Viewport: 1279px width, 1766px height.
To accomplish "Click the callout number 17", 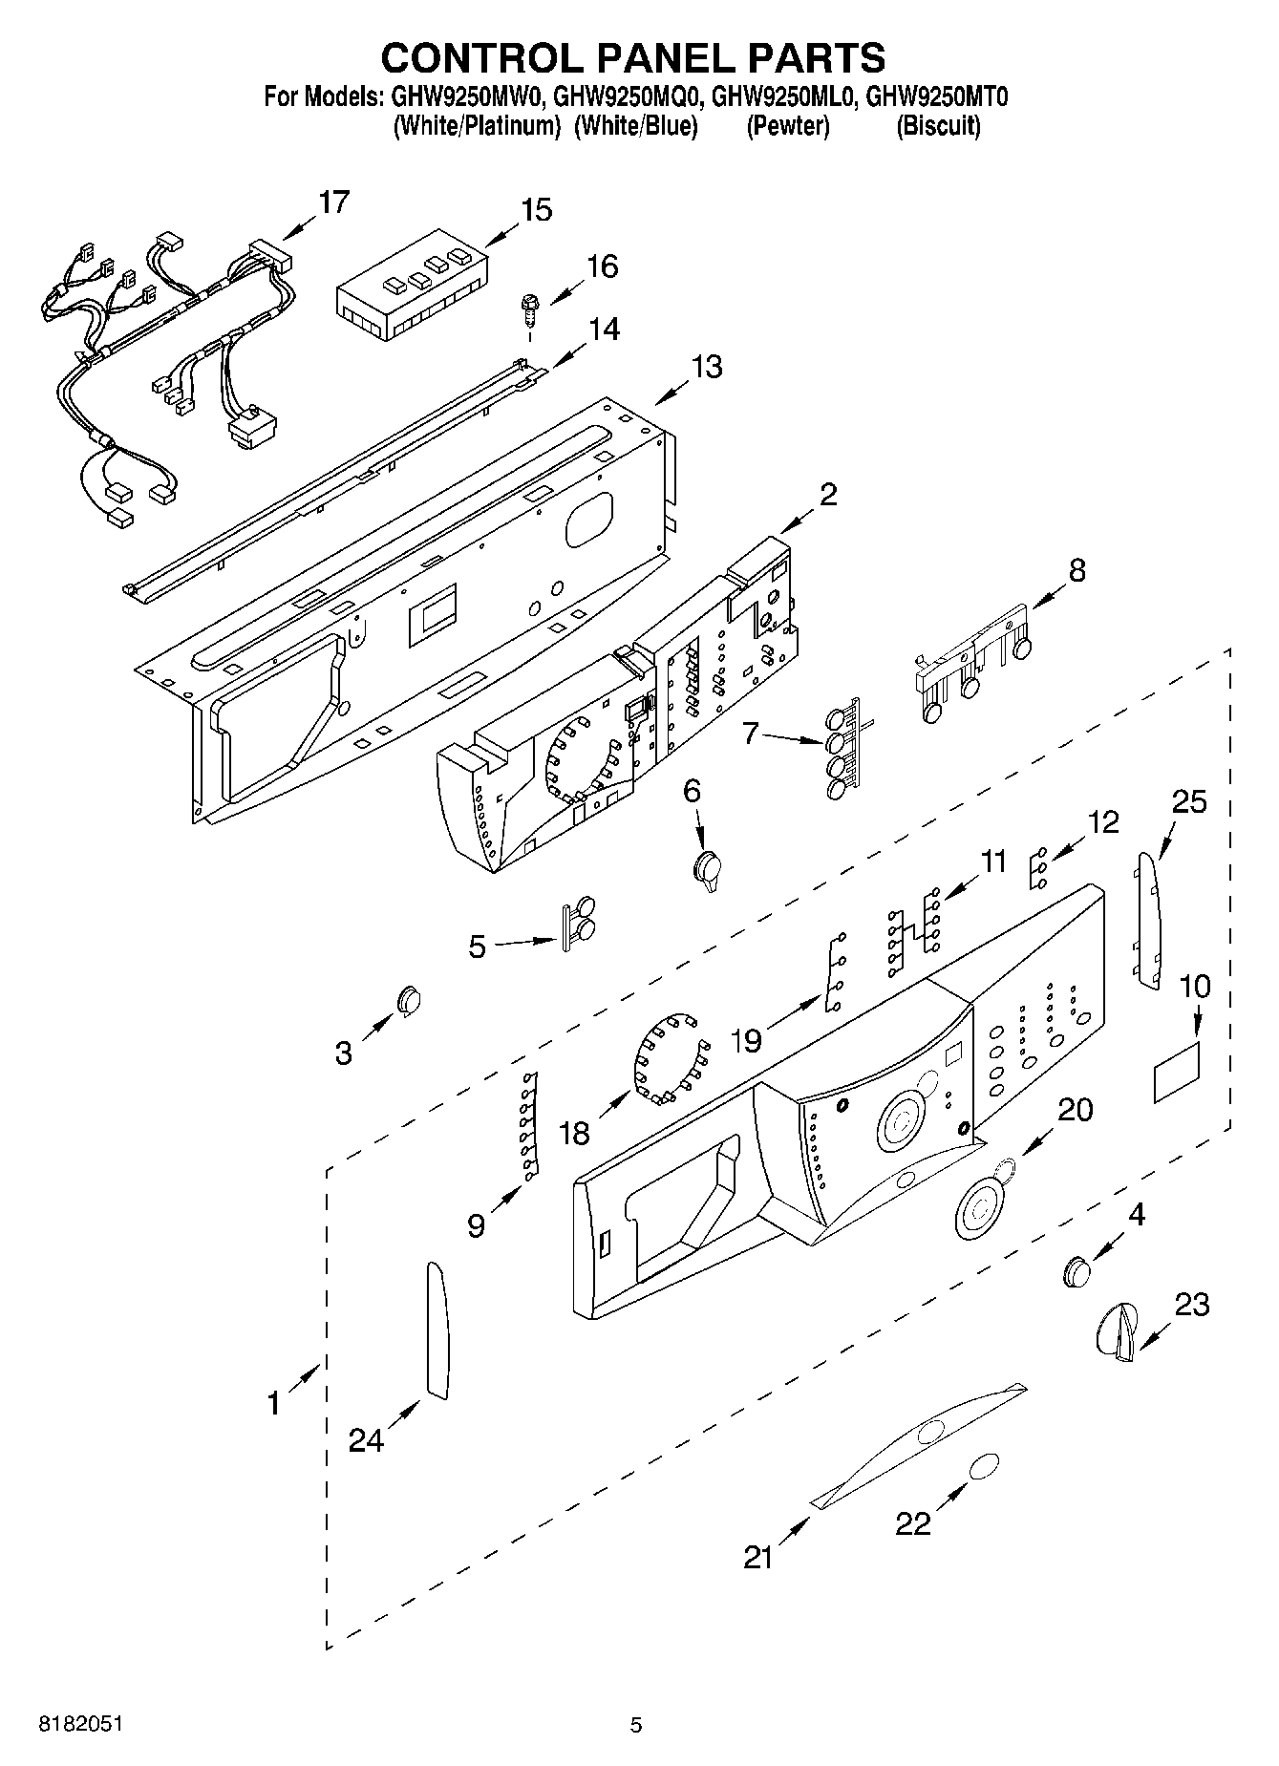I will [333, 202].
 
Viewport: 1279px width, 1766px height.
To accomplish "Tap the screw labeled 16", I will [526, 310].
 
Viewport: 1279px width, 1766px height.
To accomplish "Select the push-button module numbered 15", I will [410, 287].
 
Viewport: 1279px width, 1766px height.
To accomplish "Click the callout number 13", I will [707, 367].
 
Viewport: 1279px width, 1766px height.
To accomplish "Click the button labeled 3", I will [409, 1000].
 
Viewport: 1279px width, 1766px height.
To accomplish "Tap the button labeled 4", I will [1076, 1272].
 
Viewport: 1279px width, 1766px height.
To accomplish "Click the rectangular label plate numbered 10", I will [1176, 1072].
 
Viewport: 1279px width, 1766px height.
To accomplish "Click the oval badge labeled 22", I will [985, 1469].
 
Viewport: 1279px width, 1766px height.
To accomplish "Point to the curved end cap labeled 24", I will [436, 1330].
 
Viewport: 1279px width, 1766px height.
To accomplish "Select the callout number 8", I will [1076, 571].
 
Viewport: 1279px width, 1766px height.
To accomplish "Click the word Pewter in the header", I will [787, 126].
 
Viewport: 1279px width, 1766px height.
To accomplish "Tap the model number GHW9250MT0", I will [937, 96].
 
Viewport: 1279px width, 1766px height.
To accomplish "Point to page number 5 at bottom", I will [636, 1725].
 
